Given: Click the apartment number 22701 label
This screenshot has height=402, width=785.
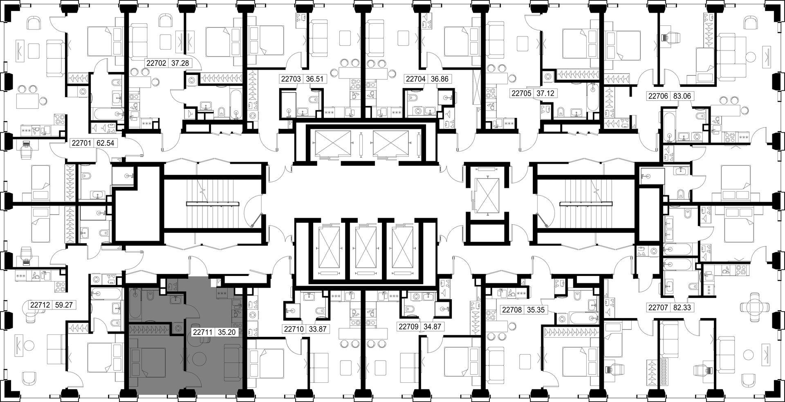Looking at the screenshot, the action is (81, 143).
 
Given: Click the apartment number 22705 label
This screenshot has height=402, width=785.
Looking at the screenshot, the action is (521, 93).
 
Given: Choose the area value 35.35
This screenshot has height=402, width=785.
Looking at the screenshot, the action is (536, 310).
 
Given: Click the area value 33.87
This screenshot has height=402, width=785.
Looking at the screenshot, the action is (317, 328).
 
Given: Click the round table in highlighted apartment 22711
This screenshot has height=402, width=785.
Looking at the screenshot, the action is (201, 358).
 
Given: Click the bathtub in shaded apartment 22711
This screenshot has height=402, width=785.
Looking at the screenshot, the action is (135, 305).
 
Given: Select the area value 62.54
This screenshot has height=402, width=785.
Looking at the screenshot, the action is (105, 143).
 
